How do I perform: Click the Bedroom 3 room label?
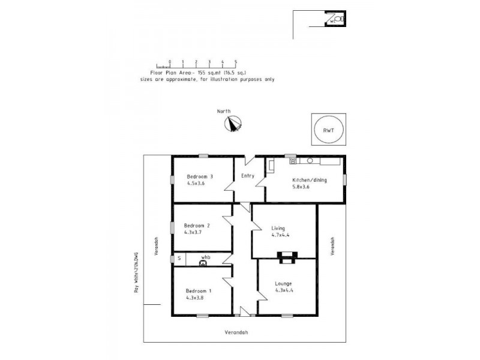(200, 176)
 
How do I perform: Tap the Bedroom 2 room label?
(197, 226)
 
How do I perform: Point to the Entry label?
(248, 176)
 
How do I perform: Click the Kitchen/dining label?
(309, 179)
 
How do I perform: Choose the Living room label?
(278, 228)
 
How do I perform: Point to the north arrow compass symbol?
(232, 124)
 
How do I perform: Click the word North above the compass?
(224, 111)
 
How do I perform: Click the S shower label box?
(178, 259)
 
